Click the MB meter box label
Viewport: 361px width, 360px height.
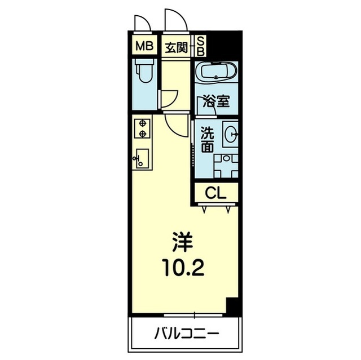144,46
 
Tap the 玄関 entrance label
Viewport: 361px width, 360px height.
177,48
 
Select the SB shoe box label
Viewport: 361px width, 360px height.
201,47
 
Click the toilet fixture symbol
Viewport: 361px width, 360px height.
145,70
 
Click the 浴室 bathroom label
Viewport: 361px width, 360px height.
216,101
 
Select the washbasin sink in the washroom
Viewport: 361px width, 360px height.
231,134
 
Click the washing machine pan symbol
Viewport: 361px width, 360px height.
226,166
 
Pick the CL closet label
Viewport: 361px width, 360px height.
215,193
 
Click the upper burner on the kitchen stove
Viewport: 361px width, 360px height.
143,123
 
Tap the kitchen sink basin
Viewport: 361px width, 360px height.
142,159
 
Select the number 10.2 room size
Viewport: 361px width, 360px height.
183,268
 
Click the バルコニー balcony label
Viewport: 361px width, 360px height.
186,334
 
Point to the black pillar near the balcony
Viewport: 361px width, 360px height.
233,306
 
